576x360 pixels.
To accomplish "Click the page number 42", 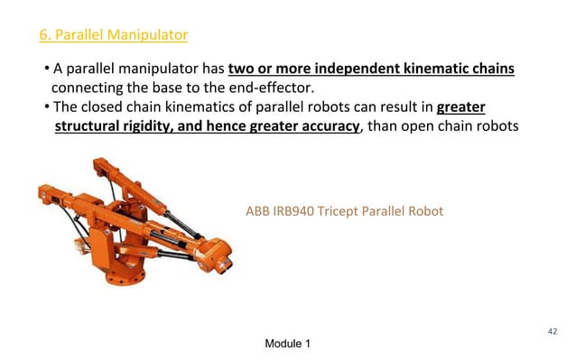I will coord(553,331).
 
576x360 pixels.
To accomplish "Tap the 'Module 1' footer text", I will coord(289,346).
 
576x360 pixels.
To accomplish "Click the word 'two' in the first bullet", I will coord(243,70).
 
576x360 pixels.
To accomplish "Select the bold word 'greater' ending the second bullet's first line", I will coord(461,107).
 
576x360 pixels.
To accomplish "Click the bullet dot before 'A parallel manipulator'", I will coord(45,70).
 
